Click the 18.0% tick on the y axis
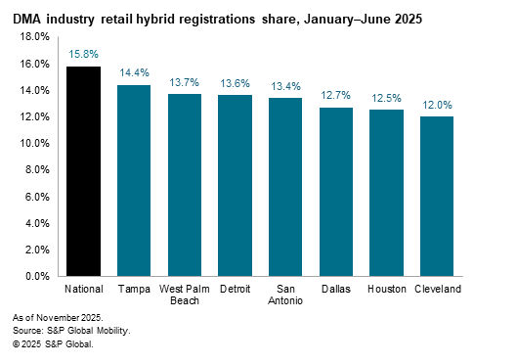[35, 37]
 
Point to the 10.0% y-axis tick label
[35, 144]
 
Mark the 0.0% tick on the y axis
[37, 277]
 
